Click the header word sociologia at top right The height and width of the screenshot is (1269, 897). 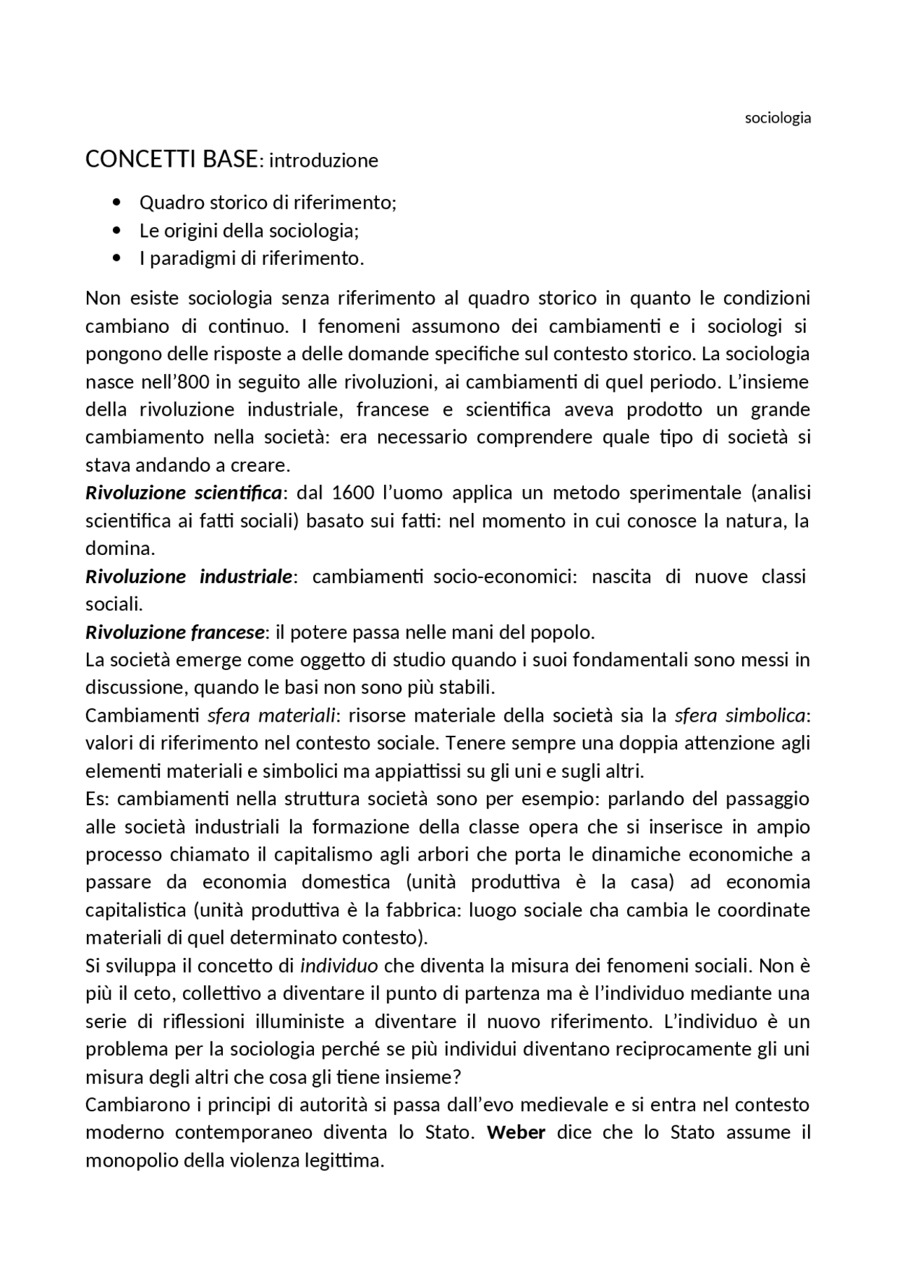(x=777, y=118)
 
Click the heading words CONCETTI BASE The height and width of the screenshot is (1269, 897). (x=171, y=160)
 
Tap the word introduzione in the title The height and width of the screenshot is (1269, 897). (x=324, y=161)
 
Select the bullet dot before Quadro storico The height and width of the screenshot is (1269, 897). (x=116, y=203)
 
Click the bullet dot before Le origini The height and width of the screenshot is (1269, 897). (x=116, y=231)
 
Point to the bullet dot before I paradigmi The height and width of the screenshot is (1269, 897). (x=116, y=259)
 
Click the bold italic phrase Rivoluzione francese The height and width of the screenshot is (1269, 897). (x=175, y=632)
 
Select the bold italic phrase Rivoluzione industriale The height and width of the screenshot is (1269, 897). (x=189, y=577)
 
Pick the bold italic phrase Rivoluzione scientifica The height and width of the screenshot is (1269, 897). (x=184, y=493)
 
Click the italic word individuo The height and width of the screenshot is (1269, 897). (x=339, y=966)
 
